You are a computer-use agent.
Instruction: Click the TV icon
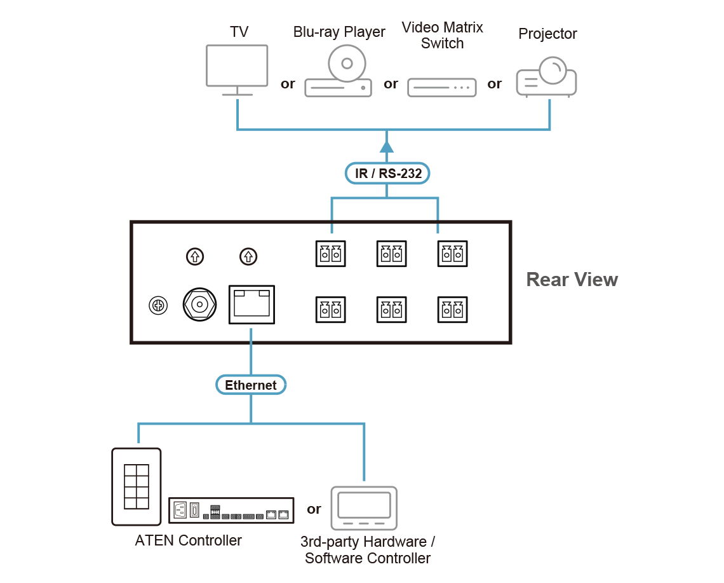(237, 66)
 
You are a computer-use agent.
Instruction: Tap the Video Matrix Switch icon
(442, 86)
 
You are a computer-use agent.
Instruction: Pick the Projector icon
(547, 77)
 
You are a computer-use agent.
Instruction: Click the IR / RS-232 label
(387, 174)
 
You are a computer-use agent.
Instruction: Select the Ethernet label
(251, 385)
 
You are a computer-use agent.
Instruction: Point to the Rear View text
(572, 280)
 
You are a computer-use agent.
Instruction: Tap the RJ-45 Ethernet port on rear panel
(251, 305)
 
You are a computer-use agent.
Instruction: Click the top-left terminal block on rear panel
(330, 254)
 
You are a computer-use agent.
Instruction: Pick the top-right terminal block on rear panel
(453, 254)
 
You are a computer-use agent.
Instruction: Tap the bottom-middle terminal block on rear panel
(391, 310)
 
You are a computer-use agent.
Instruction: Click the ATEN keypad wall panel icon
(137, 487)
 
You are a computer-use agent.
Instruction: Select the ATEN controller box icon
(232, 511)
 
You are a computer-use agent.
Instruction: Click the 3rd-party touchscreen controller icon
(364, 508)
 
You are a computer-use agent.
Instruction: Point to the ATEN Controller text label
(189, 541)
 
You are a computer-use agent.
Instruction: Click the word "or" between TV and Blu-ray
(288, 84)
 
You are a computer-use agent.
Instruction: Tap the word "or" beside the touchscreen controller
(314, 509)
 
